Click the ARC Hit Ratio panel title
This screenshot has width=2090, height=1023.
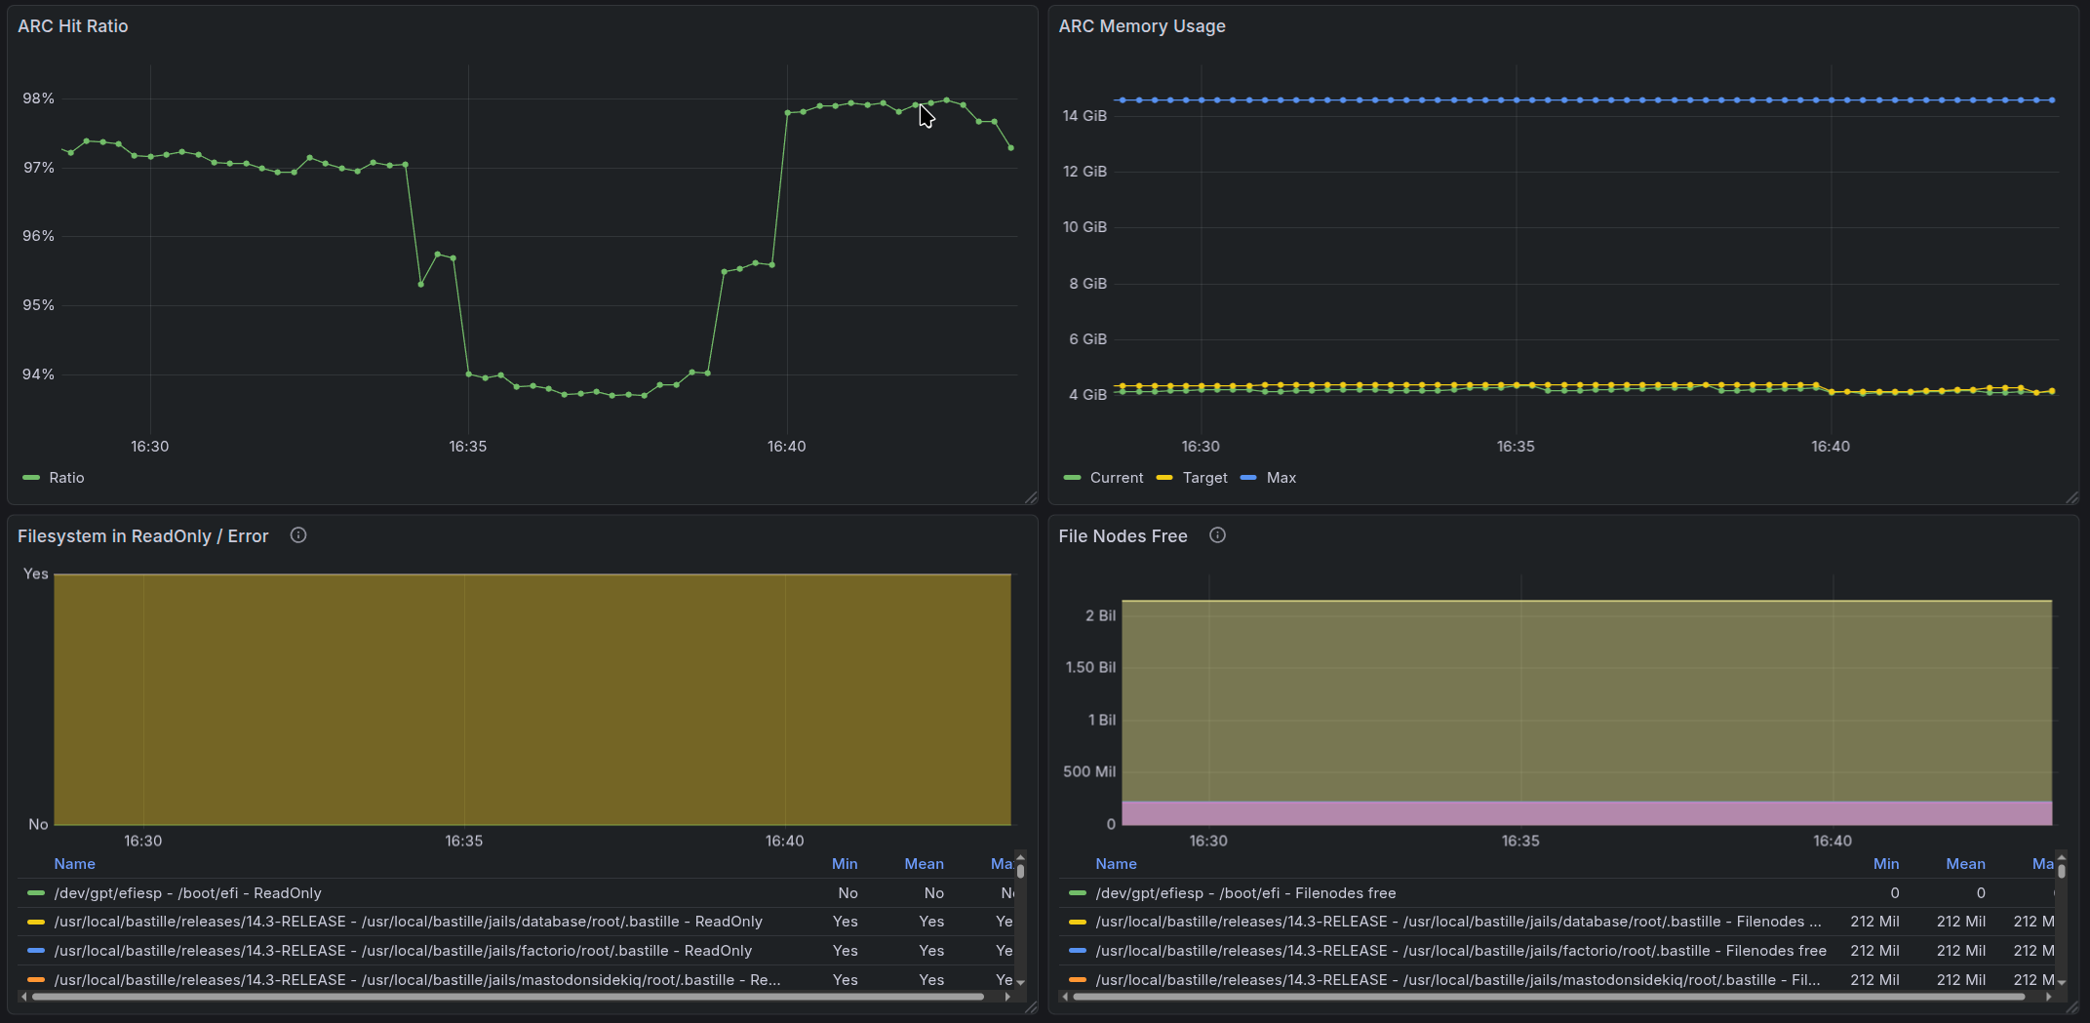click(x=73, y=26)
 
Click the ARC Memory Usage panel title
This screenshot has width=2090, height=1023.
click(x=1141, y=26)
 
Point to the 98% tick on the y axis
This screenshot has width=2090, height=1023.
click(x=39, y=98)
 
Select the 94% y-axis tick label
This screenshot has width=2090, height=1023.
click(x=39, y=374)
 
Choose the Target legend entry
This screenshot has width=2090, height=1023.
click(x=1204, y=478)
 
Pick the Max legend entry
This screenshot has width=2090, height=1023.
click(x=1281, y=478)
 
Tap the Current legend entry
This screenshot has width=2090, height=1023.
click(x=1116, y=478)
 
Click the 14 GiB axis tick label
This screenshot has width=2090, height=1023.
click(x=1084, y=116)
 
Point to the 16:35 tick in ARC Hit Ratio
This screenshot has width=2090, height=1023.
click(x=468, y=447)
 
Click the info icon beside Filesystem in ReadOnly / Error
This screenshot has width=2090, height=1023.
click(x=298, y=535)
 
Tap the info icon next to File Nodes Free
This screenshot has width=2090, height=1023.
click(x=1217, y=535)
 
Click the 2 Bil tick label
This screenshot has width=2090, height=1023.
click(x=1100, y=615)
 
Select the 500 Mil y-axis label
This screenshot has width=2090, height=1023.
click(x=1089, y=771)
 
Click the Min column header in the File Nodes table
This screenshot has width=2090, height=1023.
click(x=1885, y=864)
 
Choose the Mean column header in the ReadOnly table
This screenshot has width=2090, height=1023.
click(x=924, y=864)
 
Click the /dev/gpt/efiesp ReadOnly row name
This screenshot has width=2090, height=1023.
click(x=188, y=893)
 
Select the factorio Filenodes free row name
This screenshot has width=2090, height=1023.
click(x=1460, y=951)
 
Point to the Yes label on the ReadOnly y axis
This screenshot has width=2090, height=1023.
click(x=36, y=574)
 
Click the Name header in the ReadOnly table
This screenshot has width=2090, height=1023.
click(x=75, y=864)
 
